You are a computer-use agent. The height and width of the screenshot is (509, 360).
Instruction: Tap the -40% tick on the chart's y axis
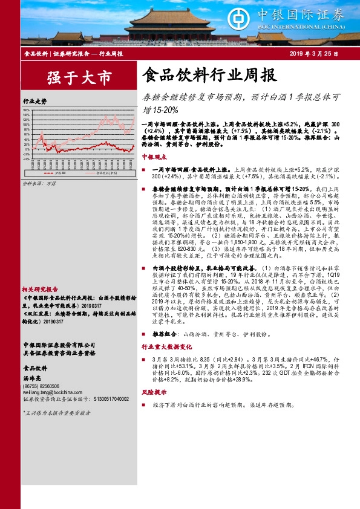(x=27, y=160)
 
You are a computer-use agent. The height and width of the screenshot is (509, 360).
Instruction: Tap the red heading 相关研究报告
(x=40, y=289)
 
